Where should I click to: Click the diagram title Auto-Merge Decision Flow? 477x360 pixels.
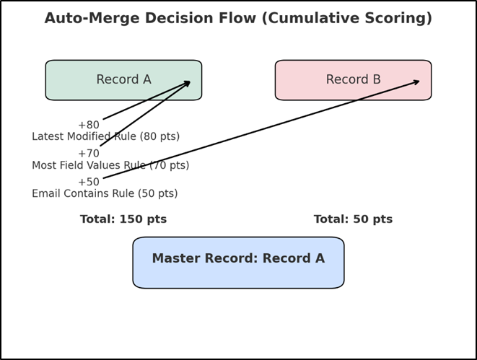[x=238, y=18]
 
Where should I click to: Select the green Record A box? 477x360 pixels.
[x=123, y=80]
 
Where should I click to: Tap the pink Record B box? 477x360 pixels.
[x=353, y=80]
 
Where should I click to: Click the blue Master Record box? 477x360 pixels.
[x=238, y=263]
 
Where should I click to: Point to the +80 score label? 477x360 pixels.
[x=88, y=125]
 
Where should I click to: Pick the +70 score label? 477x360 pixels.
[x=88, y=154]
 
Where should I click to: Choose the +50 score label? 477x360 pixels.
[x=88, y=182]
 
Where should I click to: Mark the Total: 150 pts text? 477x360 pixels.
[x=123, y=219]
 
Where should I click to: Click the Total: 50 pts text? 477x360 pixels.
[x=353, y=219]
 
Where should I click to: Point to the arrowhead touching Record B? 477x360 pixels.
[x=416, y=82]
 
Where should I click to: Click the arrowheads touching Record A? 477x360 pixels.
[x=187, y=83]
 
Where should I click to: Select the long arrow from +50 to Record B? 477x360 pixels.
[x=260, y=130]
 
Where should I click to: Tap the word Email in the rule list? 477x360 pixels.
[x=46, y=193]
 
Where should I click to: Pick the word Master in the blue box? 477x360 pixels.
[x=178, y=258]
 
